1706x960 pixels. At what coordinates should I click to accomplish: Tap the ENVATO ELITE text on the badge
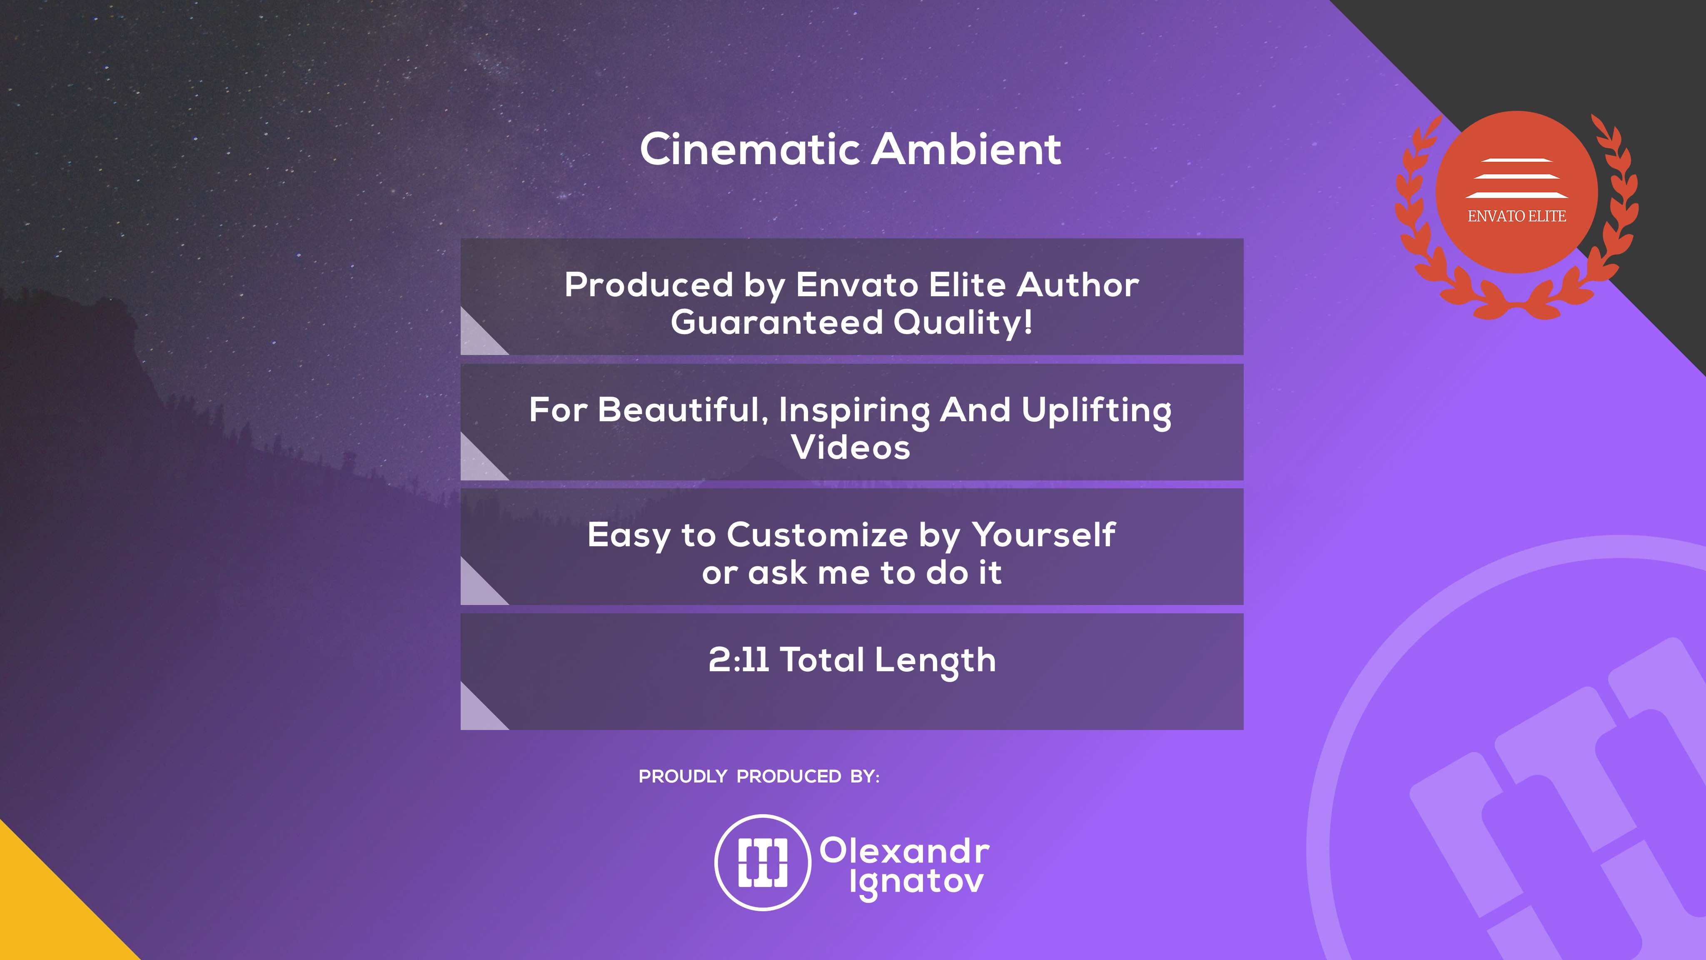tap(1516, 216)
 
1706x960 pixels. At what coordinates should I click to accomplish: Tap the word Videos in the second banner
tap(851, 447)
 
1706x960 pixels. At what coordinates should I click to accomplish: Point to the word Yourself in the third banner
tap(1044, 536)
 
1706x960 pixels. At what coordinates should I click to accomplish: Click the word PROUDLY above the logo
tap(683, 777)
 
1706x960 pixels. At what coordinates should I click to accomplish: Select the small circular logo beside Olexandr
tap(763, 862)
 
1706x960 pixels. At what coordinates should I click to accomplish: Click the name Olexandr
tap(905, 851)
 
